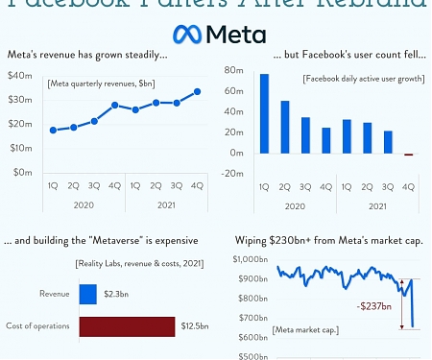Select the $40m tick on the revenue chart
19,75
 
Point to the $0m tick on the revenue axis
21,173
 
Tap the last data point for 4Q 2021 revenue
197,92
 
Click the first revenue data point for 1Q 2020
53,130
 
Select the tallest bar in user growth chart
264,113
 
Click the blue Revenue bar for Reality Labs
87,294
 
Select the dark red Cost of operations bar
127,326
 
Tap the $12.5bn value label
192,327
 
